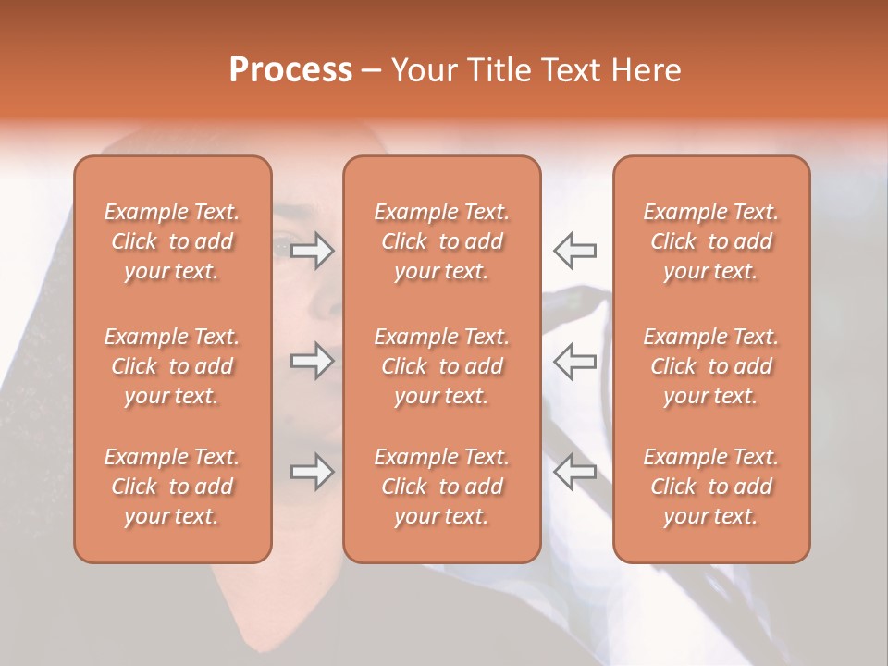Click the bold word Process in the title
(290, 70)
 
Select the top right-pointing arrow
(313, 251)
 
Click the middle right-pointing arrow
(313, 361)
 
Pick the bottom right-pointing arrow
(313, 472)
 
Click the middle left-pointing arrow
(574, 361)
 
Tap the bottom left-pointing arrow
(574, 472)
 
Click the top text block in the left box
(172, 241)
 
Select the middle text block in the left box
(172, 366)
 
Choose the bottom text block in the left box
(172, 487)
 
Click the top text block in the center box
(441, 241)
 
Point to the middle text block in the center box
(441, 366)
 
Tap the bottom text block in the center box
(441, 487)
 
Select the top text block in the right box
(710, 241)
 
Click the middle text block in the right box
(710, 366)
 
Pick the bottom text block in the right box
(710, 487)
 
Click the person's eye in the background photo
(280, 246)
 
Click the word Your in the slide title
(425, 70)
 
